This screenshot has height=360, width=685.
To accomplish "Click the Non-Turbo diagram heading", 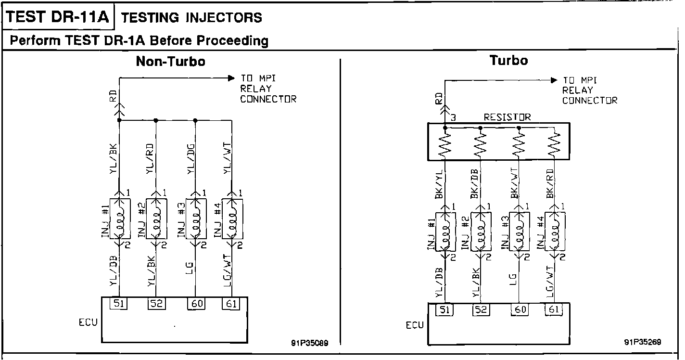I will (x=170, y=61).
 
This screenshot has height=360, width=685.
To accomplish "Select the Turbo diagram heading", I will (x=508, y=60).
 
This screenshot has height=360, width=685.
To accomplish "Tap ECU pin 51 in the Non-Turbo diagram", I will (x=118, y=304).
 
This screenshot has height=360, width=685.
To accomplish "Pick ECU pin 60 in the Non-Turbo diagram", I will (x=197, y=304).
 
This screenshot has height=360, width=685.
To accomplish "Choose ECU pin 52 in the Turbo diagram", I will (x=481, y=310).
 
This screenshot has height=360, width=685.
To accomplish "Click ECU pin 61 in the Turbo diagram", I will (x=554, y=310).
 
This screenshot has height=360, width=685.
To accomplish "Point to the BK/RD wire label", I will (x=549, y=184).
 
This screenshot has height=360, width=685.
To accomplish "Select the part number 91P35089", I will (x=310, y=343).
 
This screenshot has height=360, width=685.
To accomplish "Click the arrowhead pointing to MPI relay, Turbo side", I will (x=554, y=80).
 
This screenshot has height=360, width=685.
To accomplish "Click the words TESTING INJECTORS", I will (x=191, y=18).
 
